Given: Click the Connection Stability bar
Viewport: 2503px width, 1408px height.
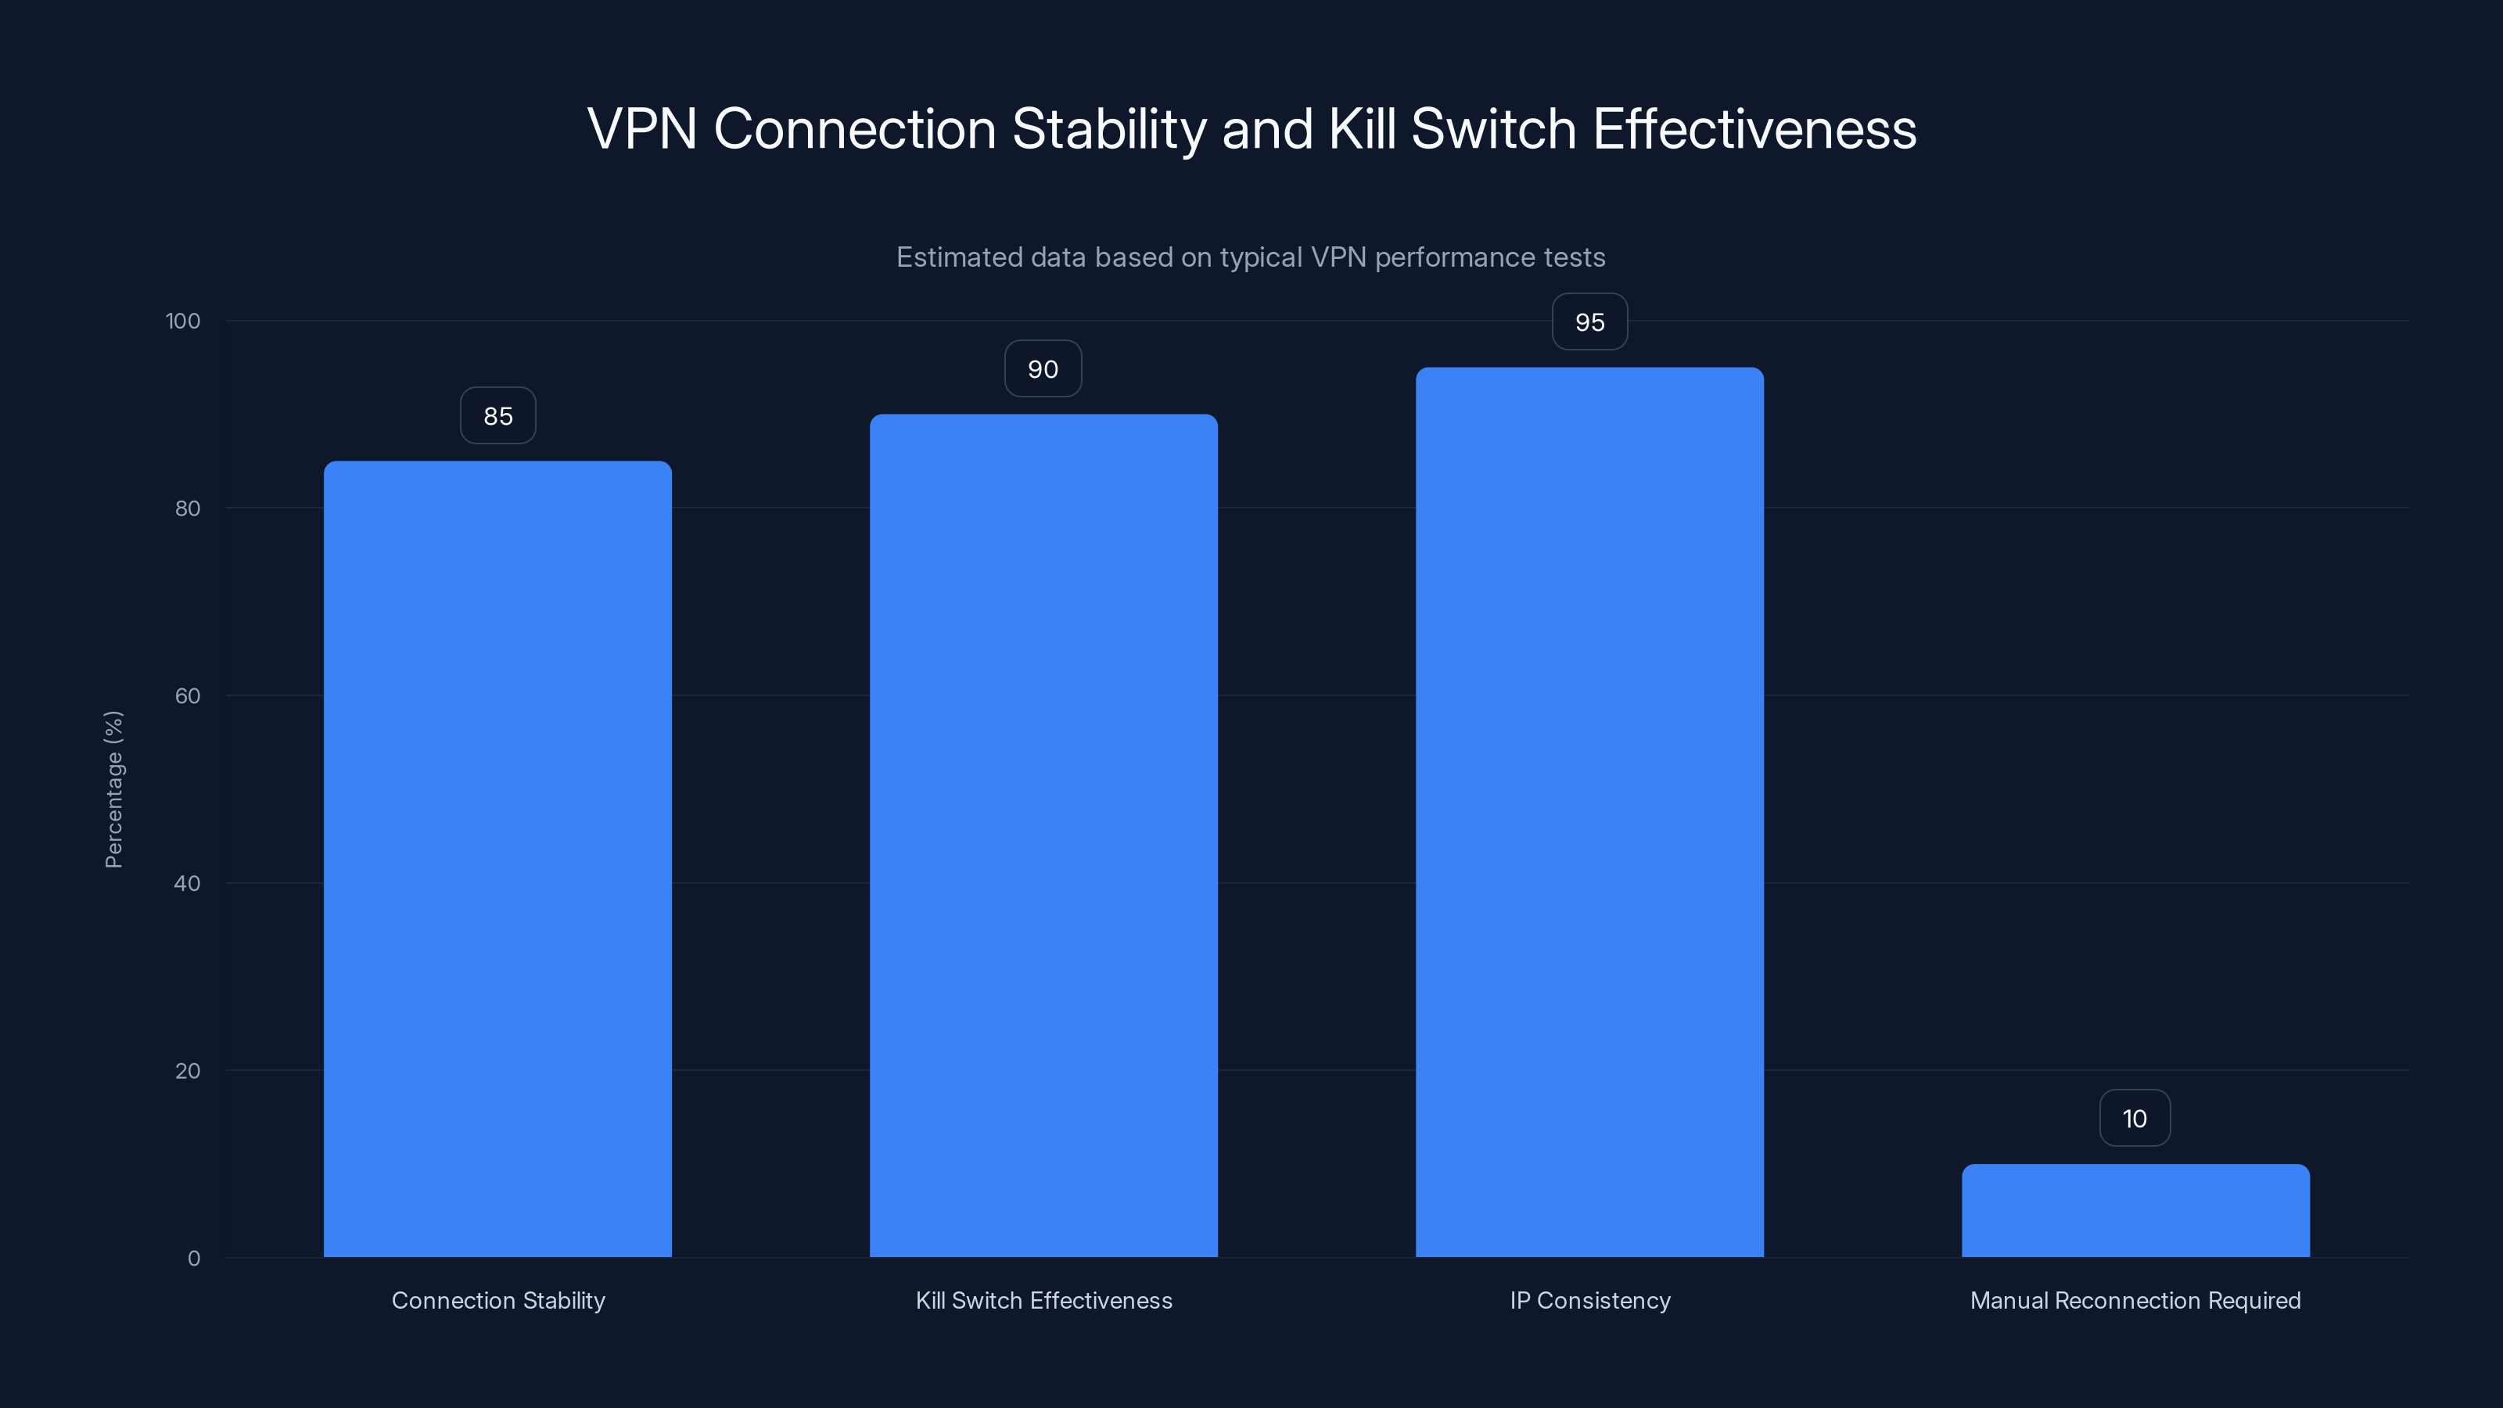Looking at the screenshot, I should [x=497, y=859].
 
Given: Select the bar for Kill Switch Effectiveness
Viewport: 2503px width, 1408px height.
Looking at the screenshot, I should [x=1043, y=835].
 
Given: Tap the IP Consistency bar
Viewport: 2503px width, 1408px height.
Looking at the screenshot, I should [x=1589, y=813].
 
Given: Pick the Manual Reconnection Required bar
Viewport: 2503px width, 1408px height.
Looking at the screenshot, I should [x=2135, y=1211].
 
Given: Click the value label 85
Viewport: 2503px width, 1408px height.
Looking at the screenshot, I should [x=497, y=416].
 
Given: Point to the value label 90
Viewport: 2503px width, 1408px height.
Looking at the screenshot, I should [x=1043, y=369].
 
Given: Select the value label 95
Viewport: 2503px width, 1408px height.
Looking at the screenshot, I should [x=1589, y=322].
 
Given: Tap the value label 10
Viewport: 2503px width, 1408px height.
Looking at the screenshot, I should [x=2135, y=1119].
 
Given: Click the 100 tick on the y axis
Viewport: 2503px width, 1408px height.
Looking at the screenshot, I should [x=183, y=321].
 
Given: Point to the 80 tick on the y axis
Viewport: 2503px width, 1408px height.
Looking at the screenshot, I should [x=187, y=508].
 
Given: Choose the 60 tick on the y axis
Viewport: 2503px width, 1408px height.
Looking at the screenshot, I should [x=187, y=695].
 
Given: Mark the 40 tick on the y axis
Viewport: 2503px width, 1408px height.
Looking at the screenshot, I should [x=187, y=883].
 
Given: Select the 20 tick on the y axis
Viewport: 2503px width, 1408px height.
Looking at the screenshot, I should [x=187, y=1071].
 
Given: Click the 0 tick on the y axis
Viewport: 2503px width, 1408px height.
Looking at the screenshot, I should [x=193, y=1259].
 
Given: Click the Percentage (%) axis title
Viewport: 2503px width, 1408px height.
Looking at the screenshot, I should [x=113, y=789].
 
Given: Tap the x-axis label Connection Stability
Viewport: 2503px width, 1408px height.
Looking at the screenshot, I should [x=497, y=1300].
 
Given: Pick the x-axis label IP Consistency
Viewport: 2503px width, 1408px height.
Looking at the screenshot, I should [x=1589, y=1300].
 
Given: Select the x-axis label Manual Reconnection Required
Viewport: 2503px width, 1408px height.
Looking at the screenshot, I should [x=2135, y=1300].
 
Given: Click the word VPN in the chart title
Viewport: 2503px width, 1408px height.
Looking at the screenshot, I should [x=642, y=129].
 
